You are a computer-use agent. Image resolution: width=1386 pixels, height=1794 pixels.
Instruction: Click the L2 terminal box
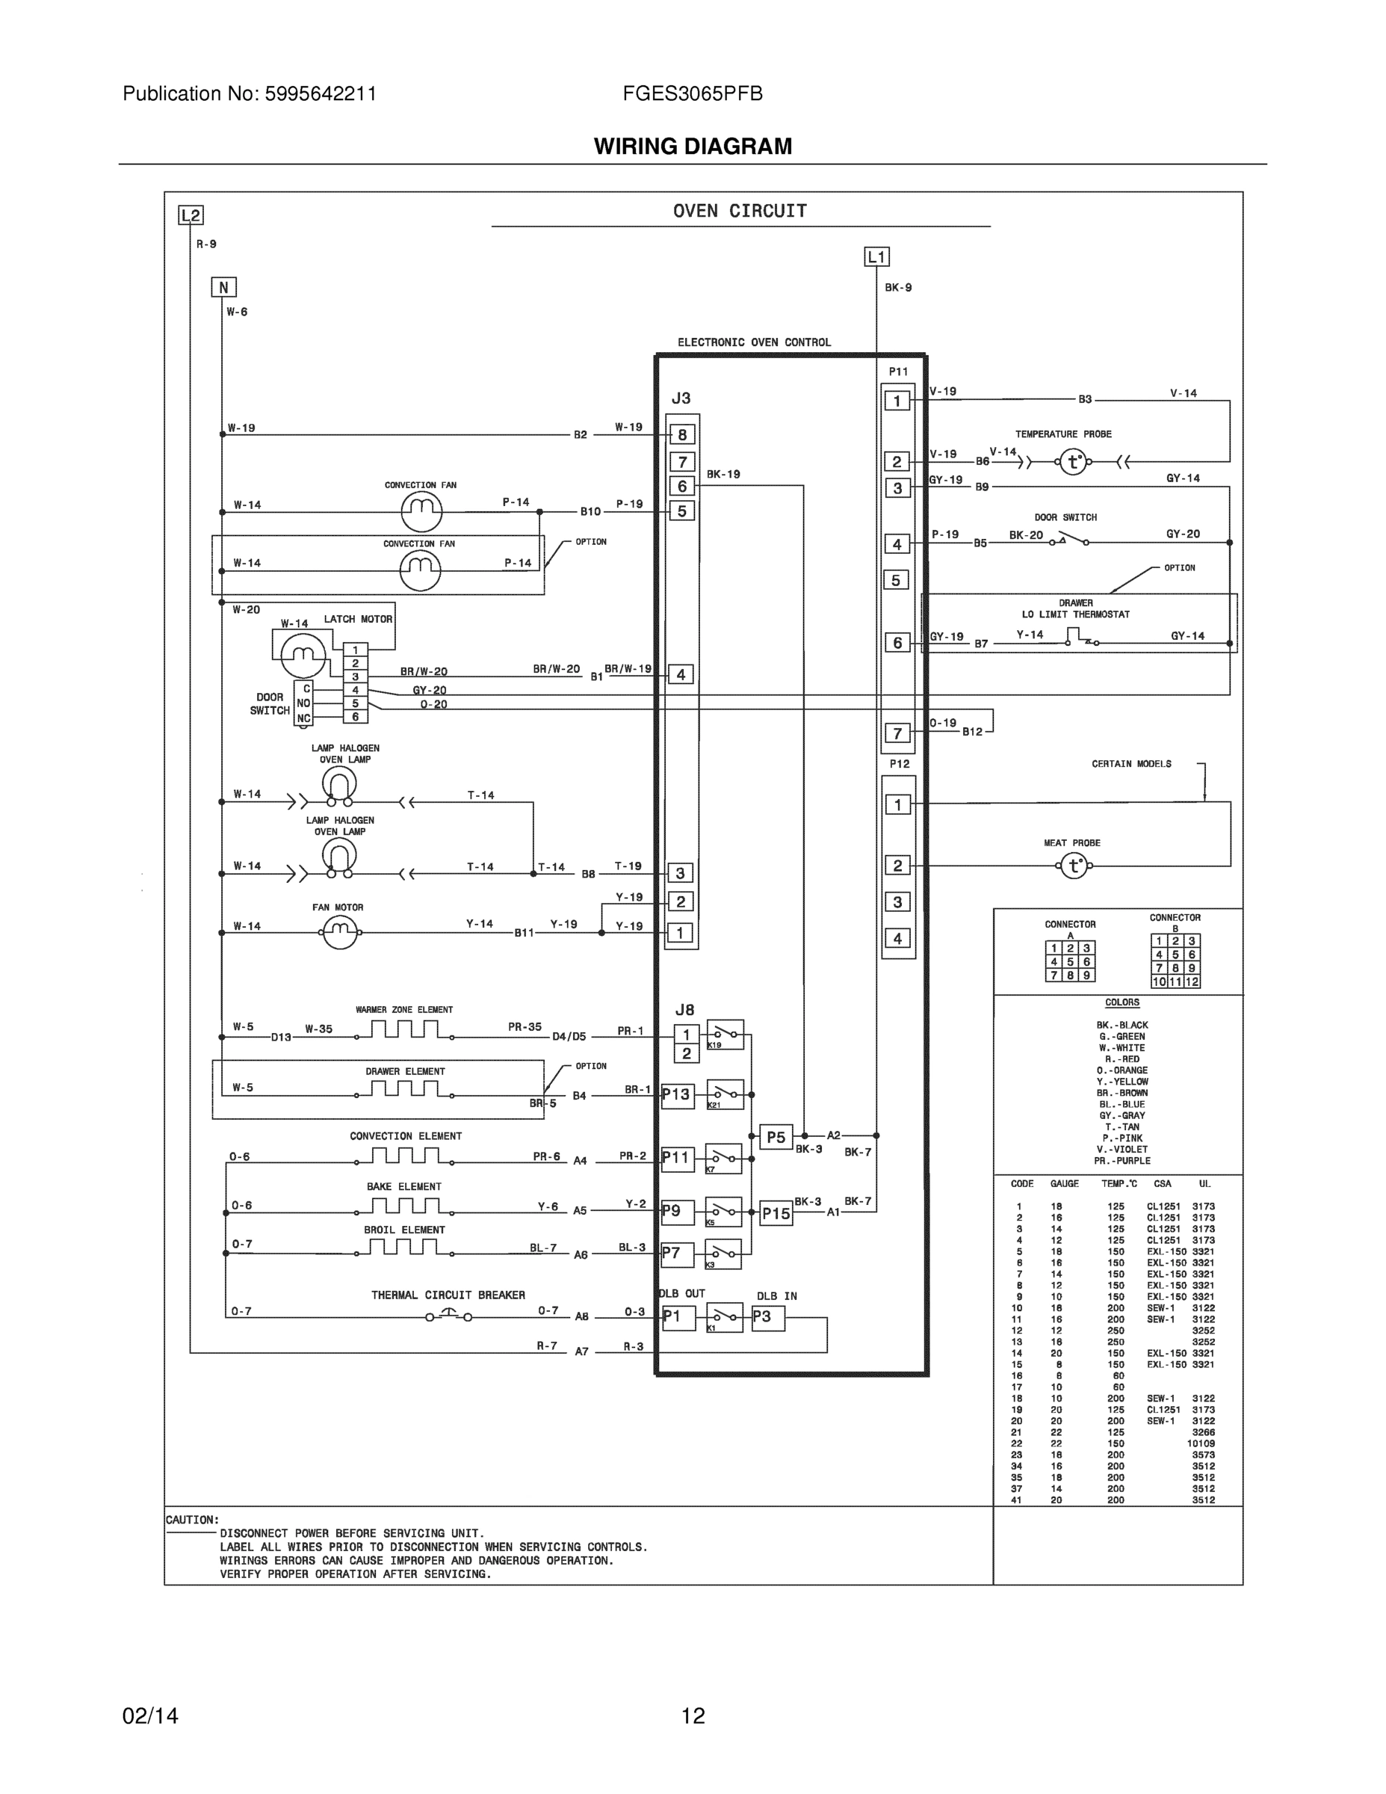coord(191,215)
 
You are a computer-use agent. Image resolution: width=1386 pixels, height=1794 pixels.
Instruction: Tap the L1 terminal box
coord(877,257)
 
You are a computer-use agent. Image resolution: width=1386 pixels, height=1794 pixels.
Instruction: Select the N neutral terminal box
coord(223,287)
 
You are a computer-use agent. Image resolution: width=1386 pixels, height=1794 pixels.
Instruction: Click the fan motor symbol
coord(340,932)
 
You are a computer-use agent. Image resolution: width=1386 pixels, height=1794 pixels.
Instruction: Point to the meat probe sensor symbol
coord(1074,866)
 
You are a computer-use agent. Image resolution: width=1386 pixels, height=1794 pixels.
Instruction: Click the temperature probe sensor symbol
coord(1073,462)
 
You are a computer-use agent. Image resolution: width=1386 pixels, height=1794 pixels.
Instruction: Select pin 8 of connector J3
coord(682,434)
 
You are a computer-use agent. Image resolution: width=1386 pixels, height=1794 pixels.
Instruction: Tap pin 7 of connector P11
coord(897,733)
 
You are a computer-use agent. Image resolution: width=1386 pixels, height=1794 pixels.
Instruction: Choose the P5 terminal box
coord(776,1138)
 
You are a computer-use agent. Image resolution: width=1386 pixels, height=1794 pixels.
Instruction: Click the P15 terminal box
coord(776,1213)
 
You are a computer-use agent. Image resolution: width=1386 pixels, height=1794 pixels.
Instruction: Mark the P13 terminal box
coord(677,1094)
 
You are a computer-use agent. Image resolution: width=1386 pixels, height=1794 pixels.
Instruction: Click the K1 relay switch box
coord(724,1318)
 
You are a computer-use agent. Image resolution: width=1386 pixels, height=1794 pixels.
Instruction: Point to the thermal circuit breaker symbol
coord(448,1317)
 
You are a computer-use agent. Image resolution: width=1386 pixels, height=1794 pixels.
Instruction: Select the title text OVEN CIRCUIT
coord(740,211)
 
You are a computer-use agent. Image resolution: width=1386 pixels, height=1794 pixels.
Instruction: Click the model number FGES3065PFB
coord(692,93)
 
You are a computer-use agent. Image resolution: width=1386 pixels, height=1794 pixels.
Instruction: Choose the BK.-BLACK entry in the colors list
coord(1122,1025)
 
